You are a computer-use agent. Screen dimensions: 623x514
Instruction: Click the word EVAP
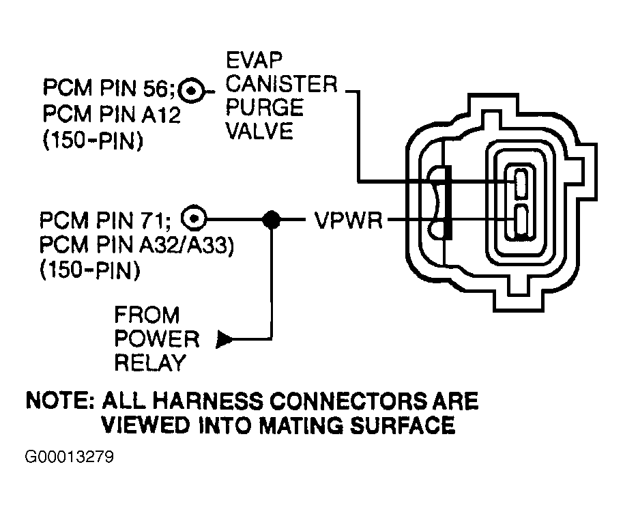tap(254, 61)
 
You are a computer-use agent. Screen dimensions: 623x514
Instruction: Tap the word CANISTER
tap(281, 84)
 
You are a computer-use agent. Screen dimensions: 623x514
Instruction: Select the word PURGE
tap(265, 108)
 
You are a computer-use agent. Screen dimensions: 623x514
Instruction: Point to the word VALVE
tap(259, 131)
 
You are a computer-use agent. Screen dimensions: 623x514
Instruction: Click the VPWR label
tap(349, 220)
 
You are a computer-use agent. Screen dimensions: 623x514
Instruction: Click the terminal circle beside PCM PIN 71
tap(194, 218)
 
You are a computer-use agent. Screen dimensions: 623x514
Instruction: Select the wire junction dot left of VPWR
tap(272, 219)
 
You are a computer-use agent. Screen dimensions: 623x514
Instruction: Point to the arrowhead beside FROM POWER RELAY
tap(224, 339)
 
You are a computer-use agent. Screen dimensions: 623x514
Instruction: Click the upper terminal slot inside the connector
tap(521, 183)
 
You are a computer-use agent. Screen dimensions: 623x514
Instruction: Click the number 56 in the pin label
tap(156, 88)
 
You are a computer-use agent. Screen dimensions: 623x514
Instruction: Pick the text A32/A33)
tap(186, 244)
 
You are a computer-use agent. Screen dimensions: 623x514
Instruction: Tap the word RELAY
tap(150, 362)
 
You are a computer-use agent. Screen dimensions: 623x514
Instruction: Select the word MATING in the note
tap(301, 425)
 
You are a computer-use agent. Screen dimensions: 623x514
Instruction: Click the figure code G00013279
tap(70, 457)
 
